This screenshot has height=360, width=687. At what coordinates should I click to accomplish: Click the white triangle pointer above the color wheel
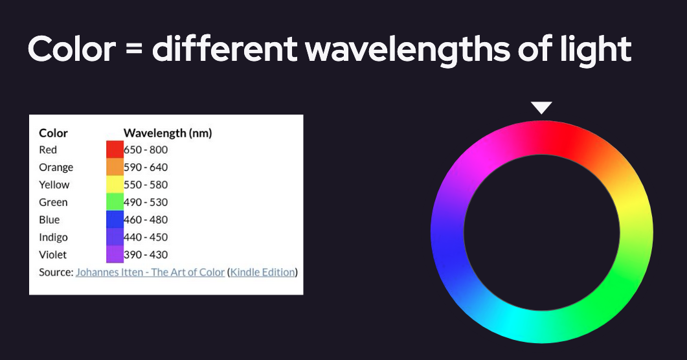[541, 107]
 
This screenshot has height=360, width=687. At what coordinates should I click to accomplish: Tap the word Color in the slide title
[72, 49]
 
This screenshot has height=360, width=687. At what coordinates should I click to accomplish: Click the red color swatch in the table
[115, 150]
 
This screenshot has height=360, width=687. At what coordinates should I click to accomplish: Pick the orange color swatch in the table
[115, 167]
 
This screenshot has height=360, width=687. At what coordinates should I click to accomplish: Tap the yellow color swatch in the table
[115, 185]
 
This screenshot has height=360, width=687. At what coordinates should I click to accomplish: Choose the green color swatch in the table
[115, 202]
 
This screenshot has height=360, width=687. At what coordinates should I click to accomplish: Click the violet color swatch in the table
[115, 254]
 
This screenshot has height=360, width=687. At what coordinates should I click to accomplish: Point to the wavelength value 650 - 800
[146, 150]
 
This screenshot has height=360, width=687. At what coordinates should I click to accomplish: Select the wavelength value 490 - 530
[146, 202]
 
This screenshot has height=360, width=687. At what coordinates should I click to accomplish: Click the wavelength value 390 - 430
[146, 255]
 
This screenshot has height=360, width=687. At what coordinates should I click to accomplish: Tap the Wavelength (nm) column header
[168, 133]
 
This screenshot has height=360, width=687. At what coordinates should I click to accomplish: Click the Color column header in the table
[54, 133]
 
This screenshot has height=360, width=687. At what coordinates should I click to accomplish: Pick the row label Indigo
[54, 238]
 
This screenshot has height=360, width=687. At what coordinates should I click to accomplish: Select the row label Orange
[56, 168]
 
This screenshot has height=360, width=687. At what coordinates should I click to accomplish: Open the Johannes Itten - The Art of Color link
[150, 273]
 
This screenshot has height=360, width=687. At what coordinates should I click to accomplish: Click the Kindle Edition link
[263, 273]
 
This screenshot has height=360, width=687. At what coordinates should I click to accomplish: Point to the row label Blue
[49, 220]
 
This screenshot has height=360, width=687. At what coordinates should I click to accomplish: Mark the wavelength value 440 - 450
[146, 238]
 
